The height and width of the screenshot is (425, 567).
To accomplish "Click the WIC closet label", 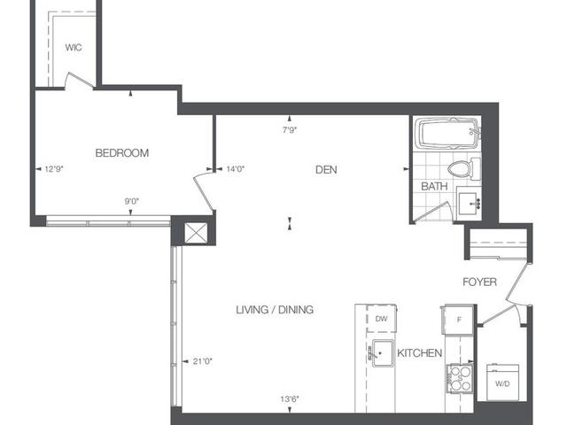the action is (x=74, y=47).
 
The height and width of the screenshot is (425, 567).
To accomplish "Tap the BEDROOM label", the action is (x=122, y=153).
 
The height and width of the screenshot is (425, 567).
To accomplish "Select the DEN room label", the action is (x=326, y=169).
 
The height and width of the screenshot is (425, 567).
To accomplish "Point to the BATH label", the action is (x=434, y=187).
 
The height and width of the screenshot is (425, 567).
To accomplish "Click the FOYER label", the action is (x=479, y=282).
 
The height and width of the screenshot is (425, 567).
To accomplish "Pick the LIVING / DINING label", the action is (x=275, y=310).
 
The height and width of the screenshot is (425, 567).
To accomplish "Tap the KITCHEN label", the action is (x=419, y=353).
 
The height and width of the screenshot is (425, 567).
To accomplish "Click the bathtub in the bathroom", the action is (x=447, y=134).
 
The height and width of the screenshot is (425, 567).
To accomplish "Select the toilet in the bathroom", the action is (x=464, y=168).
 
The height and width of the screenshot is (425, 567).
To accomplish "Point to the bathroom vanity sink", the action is (x=469, y=204).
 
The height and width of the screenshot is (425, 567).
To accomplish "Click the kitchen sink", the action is (x=383, y=353).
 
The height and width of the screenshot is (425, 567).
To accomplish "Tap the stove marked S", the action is (x=460, y=378).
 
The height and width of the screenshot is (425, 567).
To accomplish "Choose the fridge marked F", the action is (x=459, y=320).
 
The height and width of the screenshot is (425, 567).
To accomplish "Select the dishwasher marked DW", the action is (x=382, y=319).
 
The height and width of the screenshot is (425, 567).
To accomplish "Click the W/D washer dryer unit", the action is (x=502, y=382).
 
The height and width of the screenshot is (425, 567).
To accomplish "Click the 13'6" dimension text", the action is (x=290, y=399).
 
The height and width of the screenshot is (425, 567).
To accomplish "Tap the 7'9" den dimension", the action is (x=290, y=130).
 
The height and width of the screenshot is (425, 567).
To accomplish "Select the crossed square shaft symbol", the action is (x=196, y=232).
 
